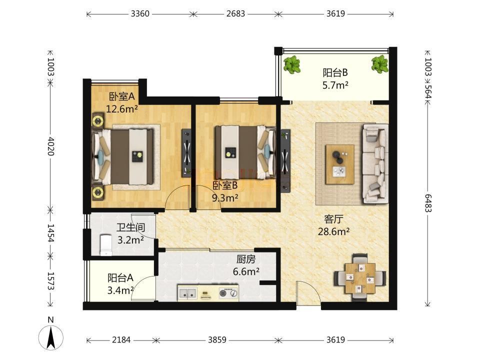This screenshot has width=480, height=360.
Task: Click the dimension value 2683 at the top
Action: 235,14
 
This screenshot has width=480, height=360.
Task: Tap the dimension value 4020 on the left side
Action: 51,146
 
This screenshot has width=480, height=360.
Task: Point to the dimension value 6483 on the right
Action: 428,203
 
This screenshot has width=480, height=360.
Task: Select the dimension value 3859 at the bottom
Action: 217,340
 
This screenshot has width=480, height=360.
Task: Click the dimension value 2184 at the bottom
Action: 121,340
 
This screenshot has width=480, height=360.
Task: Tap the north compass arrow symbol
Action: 51,337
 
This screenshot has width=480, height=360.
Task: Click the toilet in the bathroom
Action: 106,245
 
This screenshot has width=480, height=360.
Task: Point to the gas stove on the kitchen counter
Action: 228,293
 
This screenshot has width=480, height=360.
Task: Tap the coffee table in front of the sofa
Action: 340,164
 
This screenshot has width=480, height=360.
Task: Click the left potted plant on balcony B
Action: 291,64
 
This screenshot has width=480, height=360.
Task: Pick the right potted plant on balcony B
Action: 380,64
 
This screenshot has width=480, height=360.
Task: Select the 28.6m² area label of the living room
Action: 333,231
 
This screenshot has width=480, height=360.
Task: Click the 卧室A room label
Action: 122,96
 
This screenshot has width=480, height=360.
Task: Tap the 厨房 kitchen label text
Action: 246,259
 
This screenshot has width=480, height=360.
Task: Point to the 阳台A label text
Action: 120,278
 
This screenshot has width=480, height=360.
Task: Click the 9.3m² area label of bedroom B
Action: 225,198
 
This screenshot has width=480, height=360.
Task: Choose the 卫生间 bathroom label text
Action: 130,227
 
